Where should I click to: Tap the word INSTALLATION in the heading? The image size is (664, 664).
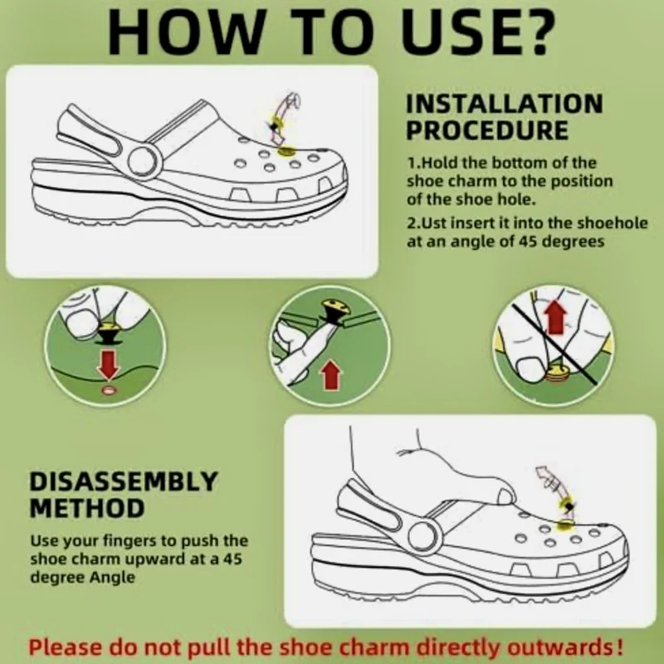coord(505,104)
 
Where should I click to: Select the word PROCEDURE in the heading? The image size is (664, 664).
coord(487,130)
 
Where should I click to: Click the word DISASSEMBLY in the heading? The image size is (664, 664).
coord(123,481)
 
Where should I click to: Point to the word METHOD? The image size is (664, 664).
coord(87,508)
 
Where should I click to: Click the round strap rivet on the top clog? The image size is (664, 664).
coord(144,161)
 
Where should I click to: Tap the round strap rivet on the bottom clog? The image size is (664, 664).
coord(422,535)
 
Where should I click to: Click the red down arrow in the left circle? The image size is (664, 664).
coord(109,364)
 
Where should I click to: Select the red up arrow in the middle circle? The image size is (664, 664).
coord(330,375)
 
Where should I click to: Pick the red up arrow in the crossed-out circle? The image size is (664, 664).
coord(555,316)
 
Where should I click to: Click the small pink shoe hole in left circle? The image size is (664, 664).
coord(109,390)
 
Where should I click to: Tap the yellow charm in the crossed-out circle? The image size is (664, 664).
coord(555,374)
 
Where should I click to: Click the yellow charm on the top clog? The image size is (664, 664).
coord(286,151)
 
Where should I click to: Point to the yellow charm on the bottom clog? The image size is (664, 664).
coord(565,526)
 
